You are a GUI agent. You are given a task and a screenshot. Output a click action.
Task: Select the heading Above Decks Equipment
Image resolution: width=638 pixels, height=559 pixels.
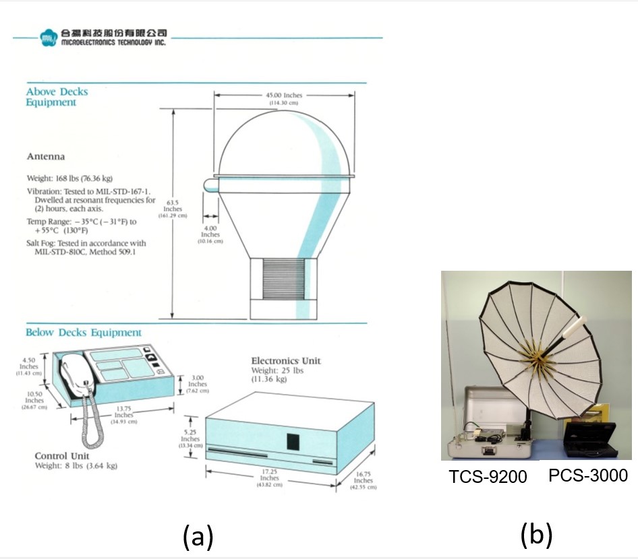57,97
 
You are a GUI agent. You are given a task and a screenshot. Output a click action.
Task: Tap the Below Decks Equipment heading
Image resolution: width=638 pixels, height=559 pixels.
84,333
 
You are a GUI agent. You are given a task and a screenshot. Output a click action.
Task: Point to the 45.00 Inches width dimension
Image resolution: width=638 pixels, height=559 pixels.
283,98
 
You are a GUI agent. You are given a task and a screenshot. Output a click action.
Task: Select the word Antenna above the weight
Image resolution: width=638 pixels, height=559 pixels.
46,157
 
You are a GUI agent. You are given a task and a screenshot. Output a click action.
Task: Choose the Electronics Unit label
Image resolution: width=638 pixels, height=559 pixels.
286,361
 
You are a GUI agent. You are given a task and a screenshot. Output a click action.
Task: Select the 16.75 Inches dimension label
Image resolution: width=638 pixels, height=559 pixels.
363,480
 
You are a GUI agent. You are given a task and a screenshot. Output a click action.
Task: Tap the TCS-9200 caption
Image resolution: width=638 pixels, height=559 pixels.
488,478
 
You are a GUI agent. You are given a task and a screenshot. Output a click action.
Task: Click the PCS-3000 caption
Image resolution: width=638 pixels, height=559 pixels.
587,475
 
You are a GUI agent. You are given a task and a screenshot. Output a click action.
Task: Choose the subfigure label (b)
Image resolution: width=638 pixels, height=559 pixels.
537,535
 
